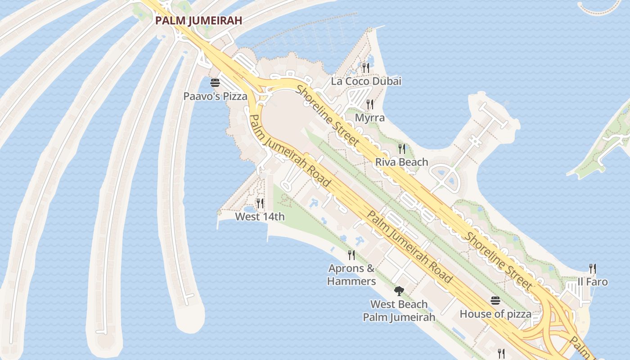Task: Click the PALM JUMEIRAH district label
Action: click(199, 20)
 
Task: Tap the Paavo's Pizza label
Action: click(215, 96)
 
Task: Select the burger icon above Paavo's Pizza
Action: click(215, 83)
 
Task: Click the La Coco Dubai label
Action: click(366, 81)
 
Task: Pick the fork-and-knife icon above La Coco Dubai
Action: click(366, 68)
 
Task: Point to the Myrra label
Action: click(370, 118)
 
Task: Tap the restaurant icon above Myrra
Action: click(370, 104)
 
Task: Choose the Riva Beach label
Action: click(401, 162)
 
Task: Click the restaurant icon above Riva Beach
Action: click(401, 148)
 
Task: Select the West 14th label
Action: click(260, 217)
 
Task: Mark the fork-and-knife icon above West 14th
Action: click(260, 203)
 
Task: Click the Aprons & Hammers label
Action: click(351, 275)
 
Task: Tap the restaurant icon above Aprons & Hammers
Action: click(351, 255)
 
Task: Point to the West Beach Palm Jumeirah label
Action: click(399, 311)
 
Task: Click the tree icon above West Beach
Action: click(399, 291)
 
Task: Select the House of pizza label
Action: click(495, 314)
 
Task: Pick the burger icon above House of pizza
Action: click(495, 301)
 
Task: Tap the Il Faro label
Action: click(593, 282)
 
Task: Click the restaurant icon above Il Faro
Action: click(593, 269)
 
